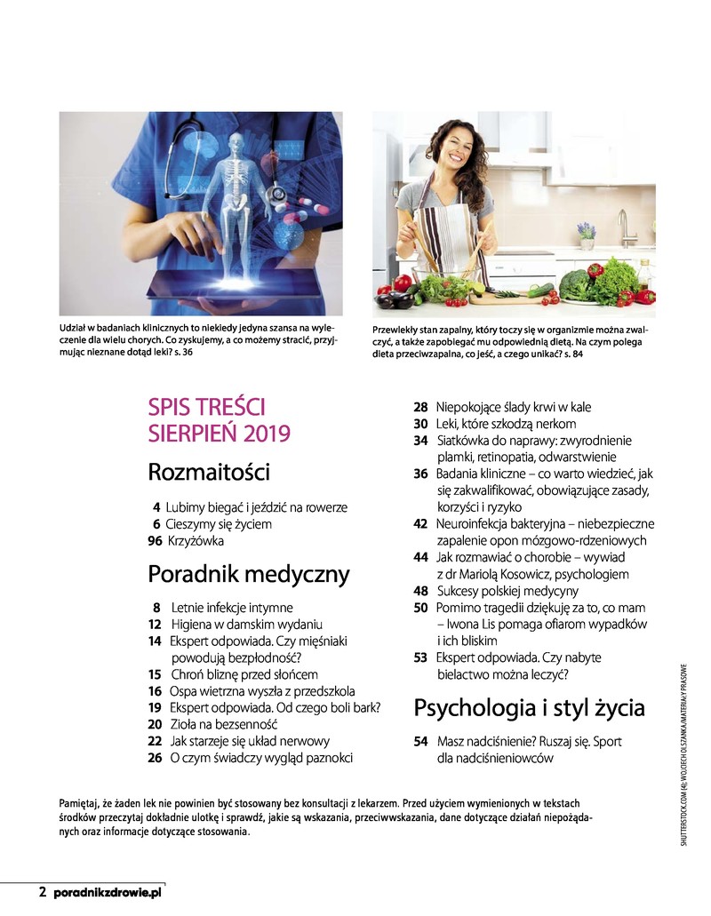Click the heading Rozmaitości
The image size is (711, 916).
(x=209, y=472)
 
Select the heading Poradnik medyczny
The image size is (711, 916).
(x=249, y=574)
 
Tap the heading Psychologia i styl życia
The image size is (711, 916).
(x=529, y=708)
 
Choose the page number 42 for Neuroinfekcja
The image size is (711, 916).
(x=420, y=524)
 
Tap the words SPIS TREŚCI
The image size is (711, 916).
(x=207, y=408)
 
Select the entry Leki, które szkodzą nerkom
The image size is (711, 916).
(x=506, y=424)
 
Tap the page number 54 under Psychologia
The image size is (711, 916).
(x=420, y=742)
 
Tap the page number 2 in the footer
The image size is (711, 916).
(x=42, y=891)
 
